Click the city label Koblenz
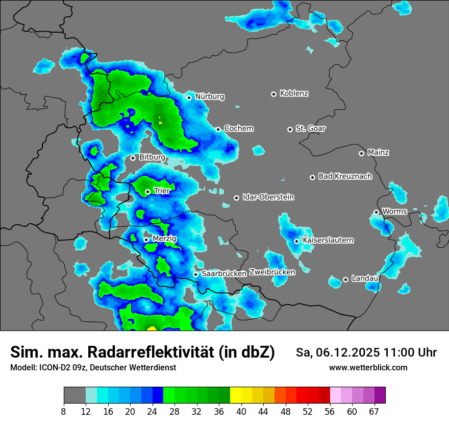[x=294, y=93]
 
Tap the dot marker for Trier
[x=148, y=192]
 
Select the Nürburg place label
[x=209, y=97]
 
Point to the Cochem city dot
[x=218, y=129]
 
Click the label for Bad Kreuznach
[x=345, y=177]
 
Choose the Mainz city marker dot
[x=361, y=153]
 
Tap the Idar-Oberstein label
[x=268, y=197]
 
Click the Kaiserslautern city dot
[x=296, y=241]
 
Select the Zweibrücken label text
[x=272, y=272]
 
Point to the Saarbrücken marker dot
[x=195, y=274]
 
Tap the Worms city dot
[x=376, y=212]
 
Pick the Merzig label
[x=164, y=239]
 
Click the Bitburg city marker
[x=133, y=158]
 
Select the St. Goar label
[x=310, y=129]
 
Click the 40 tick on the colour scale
[x=241, y=411]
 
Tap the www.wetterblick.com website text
[x=368, y=367]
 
